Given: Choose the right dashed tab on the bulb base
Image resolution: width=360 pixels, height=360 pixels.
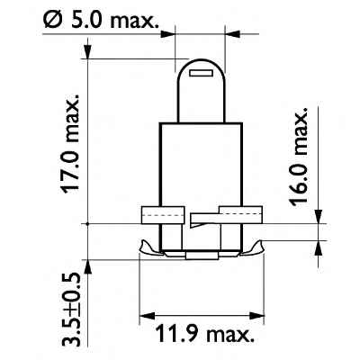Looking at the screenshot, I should coord(235,214).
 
